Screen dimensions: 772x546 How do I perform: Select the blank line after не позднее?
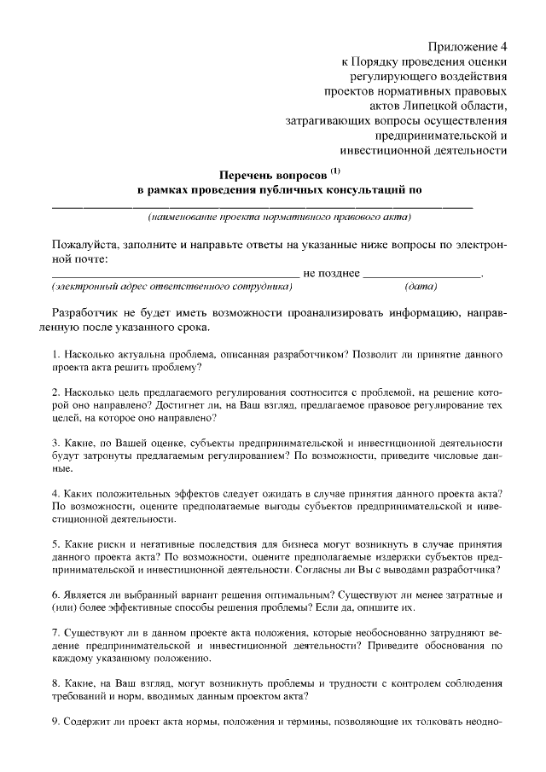point(421,275)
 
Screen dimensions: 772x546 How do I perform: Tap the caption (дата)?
point(421,287)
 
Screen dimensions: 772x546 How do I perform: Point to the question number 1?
point(55,353)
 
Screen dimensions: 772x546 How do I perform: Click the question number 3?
point(55,444)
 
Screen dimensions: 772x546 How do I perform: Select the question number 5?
point(55,543)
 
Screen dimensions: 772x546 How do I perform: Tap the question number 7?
point(55,634)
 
